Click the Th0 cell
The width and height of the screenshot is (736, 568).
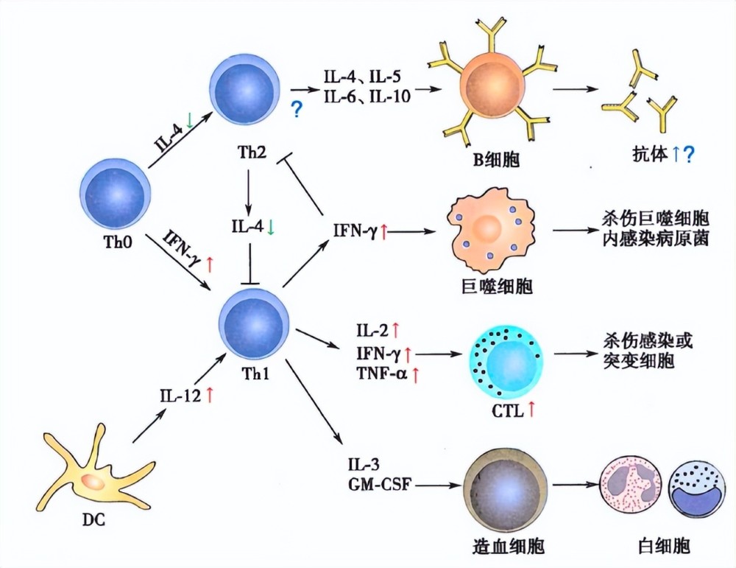(x=116, y=194)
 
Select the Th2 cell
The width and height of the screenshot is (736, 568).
(x=244, y=90)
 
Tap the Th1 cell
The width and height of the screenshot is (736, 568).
(x=253, y=324)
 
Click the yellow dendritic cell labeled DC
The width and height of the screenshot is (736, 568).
(x=94, y=474)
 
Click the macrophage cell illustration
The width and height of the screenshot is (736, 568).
(x=490, y=230)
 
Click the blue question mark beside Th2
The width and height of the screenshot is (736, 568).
(x=297, y=110)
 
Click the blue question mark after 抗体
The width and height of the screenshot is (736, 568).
(x=689, y=154)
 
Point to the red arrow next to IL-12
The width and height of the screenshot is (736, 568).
(x=210, y=395)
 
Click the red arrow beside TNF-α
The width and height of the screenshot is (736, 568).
(x=415, y=375)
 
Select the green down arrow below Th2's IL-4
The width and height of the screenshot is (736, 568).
(x=271, y=227)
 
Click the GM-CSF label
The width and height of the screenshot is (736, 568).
(x=380, y=484)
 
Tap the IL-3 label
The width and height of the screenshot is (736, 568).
(x=364, y=465)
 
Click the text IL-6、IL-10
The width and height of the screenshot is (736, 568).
(x=367, y=97)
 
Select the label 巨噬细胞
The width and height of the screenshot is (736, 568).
(x=497, y=287)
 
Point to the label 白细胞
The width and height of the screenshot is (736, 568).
(x=664, y=546)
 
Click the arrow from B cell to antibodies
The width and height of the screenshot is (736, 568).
(x=576, y=88)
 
